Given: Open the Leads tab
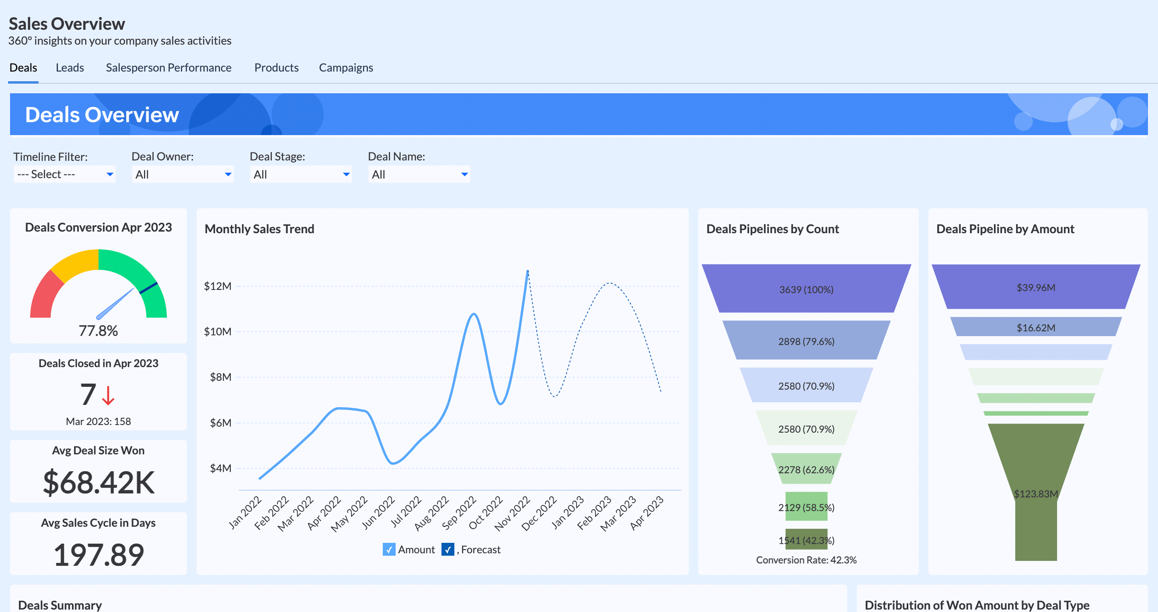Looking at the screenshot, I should tap(70, 68).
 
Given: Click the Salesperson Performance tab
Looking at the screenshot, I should tap(168, 68).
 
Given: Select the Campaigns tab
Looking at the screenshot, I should tap(346, 68).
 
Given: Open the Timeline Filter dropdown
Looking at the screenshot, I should tap(64, 174).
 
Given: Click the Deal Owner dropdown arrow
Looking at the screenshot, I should tap(228, 175).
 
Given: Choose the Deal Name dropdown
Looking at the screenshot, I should tap(419, 175).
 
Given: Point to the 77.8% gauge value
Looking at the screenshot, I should tap(98, 331).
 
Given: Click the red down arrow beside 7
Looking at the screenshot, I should tap(108, 395).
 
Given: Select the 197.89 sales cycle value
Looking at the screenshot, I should tap(99, 555).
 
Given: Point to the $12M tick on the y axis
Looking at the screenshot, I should tap(218, 286).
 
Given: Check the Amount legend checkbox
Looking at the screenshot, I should tap(388, 550).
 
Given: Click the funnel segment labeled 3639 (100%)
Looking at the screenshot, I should tap(806, 289).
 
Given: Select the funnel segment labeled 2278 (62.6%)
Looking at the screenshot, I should tap(806, 470).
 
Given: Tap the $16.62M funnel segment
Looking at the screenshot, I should tap(1036, 327).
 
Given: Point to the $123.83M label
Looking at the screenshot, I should tap(1036, 494).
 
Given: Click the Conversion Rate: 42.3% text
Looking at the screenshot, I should tap(806, 560).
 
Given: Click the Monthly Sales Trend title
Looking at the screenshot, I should tap(259, 229).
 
